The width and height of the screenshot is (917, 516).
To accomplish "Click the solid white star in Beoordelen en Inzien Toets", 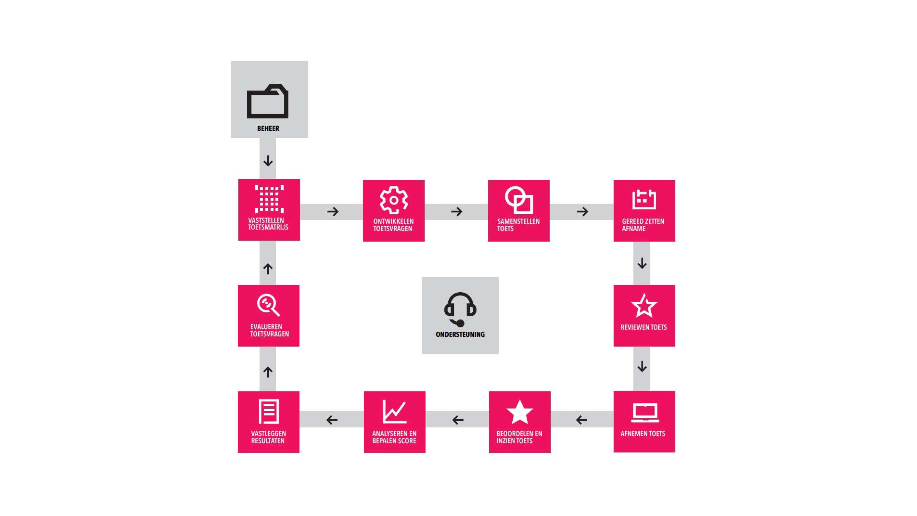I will (x=519, y=412).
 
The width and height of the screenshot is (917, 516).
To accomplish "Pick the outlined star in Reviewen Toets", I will (x=644, y=305).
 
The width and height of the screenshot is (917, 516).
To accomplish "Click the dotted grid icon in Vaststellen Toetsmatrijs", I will (x=269, y=199).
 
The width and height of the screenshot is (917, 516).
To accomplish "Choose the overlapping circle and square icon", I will (x=519, y=200).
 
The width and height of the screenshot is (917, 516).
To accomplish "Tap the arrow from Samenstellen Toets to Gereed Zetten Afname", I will (x=582, y=211).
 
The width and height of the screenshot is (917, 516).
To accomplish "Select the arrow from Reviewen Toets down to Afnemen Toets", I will (x=642, y=366).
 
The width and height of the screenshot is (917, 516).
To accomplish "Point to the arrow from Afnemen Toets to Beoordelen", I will (x=582, y=420).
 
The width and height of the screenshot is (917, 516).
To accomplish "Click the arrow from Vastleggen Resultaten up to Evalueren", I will (x=268, y=372).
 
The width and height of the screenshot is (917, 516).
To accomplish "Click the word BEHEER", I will (x=268, y=128).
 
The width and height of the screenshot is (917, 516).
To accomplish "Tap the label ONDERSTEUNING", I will (x=460, y=334).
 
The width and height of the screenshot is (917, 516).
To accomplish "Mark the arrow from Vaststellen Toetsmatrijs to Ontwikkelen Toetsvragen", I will (x=333, y=211).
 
